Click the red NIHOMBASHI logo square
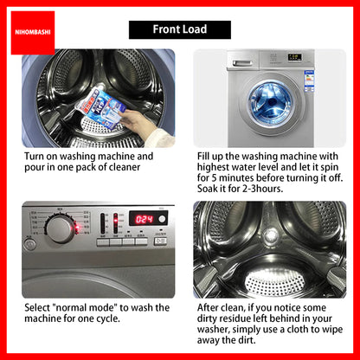tap(33, 33)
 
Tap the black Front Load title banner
tap(180, 29)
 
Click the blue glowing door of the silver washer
tap(270, 104)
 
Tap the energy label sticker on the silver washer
tap(309, 81)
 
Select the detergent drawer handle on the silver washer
tap(242, 63)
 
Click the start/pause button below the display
tap(160, 241)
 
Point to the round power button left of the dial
tap(29, 245)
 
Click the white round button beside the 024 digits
tap(162, 219)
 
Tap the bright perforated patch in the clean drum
tap(274, 282)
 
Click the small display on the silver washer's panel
tap(295, 57)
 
